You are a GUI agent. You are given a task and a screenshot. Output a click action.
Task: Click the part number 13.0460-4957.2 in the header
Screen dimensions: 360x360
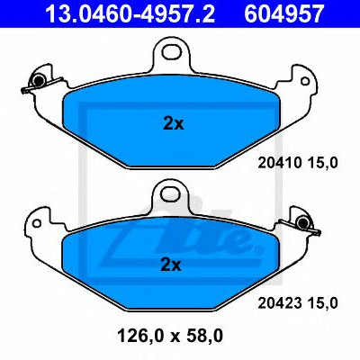[130, 13]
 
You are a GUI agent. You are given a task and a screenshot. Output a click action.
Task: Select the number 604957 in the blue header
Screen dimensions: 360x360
[284, 13]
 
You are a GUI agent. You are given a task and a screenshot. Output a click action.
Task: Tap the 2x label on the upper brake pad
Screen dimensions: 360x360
[174, 123]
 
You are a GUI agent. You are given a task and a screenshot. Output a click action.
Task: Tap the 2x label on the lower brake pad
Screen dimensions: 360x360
[171, 265]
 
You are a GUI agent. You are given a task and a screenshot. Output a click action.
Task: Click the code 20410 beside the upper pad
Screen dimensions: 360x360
[280, 163]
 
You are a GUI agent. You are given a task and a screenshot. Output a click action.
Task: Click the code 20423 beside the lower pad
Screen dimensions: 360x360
[280, 303]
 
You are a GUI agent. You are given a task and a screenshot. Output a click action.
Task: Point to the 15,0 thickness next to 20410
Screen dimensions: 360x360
[322, 163]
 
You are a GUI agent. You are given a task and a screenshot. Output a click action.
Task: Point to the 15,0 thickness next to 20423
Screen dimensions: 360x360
[322, 303]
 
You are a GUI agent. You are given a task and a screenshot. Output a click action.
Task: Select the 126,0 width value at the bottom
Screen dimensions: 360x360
[141, 336]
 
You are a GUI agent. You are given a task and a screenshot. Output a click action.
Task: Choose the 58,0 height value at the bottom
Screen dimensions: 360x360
[205, 336]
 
